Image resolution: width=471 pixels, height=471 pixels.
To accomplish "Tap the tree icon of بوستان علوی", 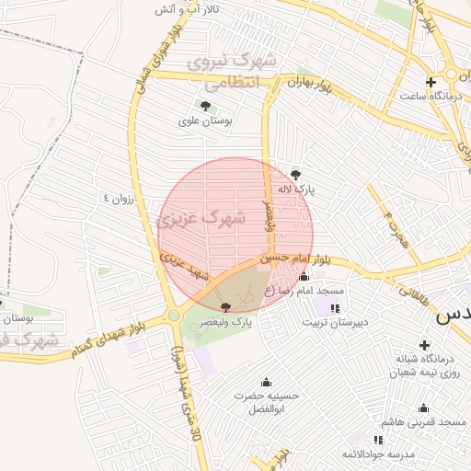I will click(204, 107).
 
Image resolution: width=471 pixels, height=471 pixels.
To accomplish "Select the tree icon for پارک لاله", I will click(295, 174).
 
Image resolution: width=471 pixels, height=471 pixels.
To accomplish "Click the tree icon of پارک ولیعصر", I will click(226, 306).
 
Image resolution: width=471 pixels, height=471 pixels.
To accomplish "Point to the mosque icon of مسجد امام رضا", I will click(304, 277).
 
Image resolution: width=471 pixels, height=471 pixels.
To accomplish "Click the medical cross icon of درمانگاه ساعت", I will click(430, 82).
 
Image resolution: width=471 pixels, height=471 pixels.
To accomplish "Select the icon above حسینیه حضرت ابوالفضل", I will click(267, 382).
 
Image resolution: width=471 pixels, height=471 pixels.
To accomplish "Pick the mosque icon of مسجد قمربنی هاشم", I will click(423, 408).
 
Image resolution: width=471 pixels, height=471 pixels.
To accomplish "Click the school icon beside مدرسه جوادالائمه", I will click(379, 441).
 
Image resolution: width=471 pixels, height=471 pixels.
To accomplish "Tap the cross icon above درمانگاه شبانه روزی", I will click(424, 344).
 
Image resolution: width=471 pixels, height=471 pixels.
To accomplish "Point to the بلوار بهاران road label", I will click(306, 84).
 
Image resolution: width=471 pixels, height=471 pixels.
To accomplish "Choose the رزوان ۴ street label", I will click(119, 197).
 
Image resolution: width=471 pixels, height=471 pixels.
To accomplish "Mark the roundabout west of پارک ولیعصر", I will click(174, 316).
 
